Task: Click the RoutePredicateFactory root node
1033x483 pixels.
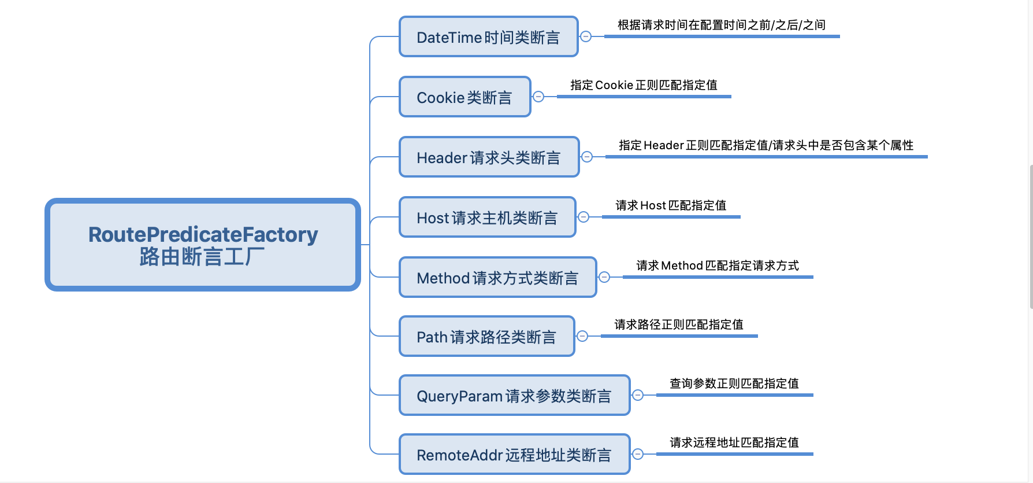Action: click(x=203, y=245)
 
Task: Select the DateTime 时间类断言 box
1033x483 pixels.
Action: click(x=488, y=37)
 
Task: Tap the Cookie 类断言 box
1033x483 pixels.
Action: click(x=465, y=97)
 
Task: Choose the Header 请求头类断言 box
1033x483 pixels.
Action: click(x=489, y=157)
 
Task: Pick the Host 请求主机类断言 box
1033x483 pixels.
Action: click(x=487, y=217)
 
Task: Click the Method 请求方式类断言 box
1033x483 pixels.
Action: click(x=497, y=278)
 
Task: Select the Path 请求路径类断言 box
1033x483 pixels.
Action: click(x=486, y=337)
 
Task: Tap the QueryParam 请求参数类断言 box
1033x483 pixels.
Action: click(x=514, y=396)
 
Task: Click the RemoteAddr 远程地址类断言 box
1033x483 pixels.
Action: click(x=514, y=455)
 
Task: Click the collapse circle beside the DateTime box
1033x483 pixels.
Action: click(x=586, y=36)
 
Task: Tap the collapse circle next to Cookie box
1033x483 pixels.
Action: click(x=538, y=97)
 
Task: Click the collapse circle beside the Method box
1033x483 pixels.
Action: click(x=604, y=277)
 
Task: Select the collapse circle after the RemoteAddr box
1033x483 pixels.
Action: click(x=638, y=454)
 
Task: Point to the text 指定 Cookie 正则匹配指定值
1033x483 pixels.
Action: click(x=644, y=85)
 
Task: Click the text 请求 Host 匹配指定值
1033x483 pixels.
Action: click(x=671, y=205)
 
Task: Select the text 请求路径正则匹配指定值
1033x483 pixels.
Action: click(x=679, y=325)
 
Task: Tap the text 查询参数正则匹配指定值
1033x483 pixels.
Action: click(x=734, y=384)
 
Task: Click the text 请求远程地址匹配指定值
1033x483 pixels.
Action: click(x=734, y=443)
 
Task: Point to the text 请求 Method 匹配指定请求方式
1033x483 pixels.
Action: click(x=718, y=266)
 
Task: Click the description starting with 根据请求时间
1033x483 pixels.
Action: click(x=722, y=25)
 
